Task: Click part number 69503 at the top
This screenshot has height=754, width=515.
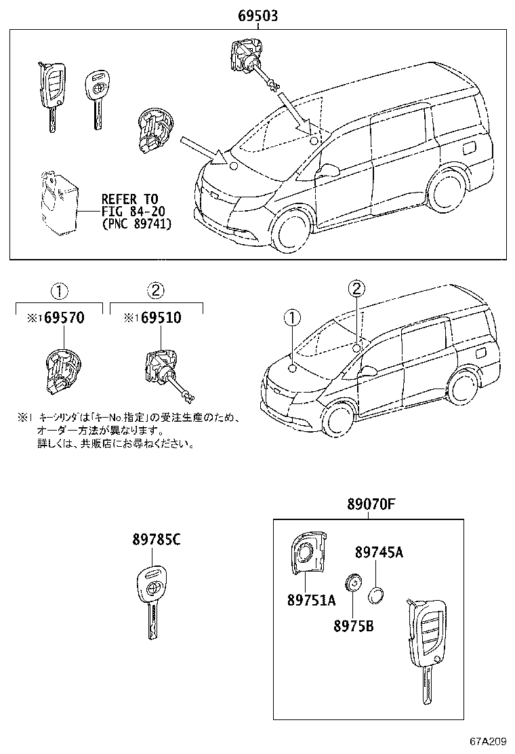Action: pyautogui.click(x=257, y=16)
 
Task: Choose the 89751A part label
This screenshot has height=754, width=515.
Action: pyautogui.click(x=310, y=600)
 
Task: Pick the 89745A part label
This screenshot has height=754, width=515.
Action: pyautogui.click(x=379, y=553)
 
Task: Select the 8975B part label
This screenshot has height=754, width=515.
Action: pyautogui.click(x=352, y=626)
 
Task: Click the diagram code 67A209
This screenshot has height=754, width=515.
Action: pyautogui.click(x=489, y=742)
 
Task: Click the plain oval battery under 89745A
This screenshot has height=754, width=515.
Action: pyautogui.click(x=377, y=596)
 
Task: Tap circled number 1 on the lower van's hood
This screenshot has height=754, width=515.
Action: pyautogui.click(x=291, y=317)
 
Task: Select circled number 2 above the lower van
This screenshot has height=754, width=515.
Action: pyautogui.click(x=356, y=290)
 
